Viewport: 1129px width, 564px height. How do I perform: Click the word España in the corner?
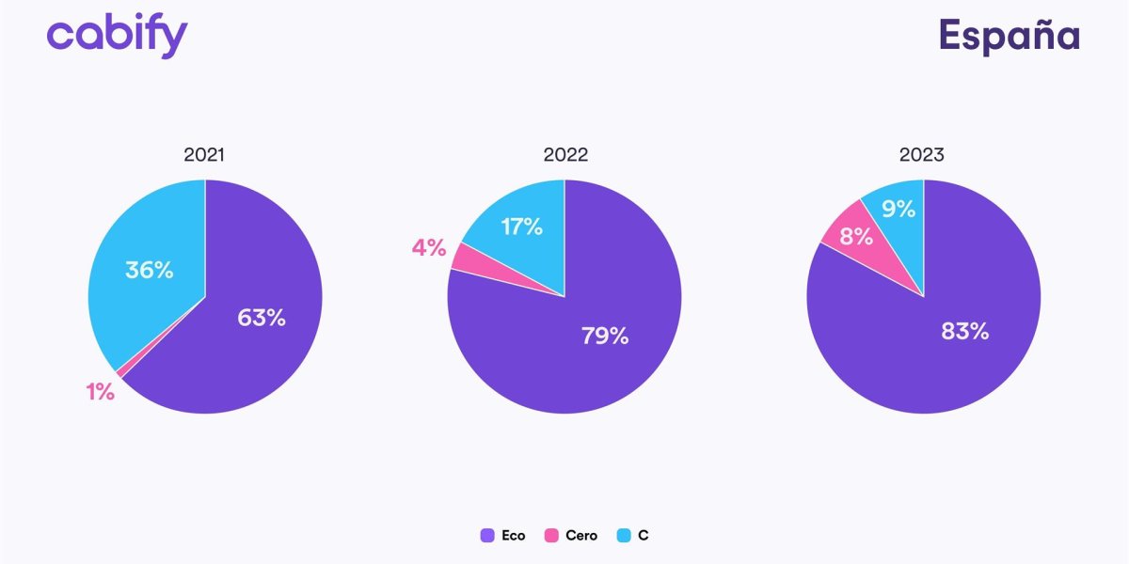pyautogui.click(x=1009, y=36)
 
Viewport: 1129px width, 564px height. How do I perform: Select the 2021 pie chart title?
pyautogui.click(x=204, y=155)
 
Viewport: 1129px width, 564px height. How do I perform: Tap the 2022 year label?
pyautogui.click(x=564, y=155)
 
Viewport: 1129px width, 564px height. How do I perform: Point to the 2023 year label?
pyautogui.click(x=921, y=155)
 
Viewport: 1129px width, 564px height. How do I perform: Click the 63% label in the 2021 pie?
pyautogui.click(x=261, y=318)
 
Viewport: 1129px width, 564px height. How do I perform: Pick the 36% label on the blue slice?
pyautogui.click(x=150, y=270)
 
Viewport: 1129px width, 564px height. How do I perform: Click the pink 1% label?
pyautogui.click(x=101, y=392)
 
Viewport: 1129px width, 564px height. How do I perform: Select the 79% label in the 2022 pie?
pyautogui.click(x=604, y=336)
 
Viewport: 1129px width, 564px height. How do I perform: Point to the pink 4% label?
pyautogui.click(x=429, y=248)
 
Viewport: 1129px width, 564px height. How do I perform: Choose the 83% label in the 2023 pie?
pyautogui.click(x=964, y=331)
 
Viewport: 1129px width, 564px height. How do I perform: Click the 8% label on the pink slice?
pyautogui.click(x=856, y=236)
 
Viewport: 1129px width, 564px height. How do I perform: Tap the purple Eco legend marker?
pyautogui.click(x=487, y=536)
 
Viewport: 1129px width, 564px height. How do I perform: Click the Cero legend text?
pyautogui.click(x=580, y=536)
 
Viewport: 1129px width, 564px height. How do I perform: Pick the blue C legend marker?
pyautogui.click(x=623, y=536)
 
